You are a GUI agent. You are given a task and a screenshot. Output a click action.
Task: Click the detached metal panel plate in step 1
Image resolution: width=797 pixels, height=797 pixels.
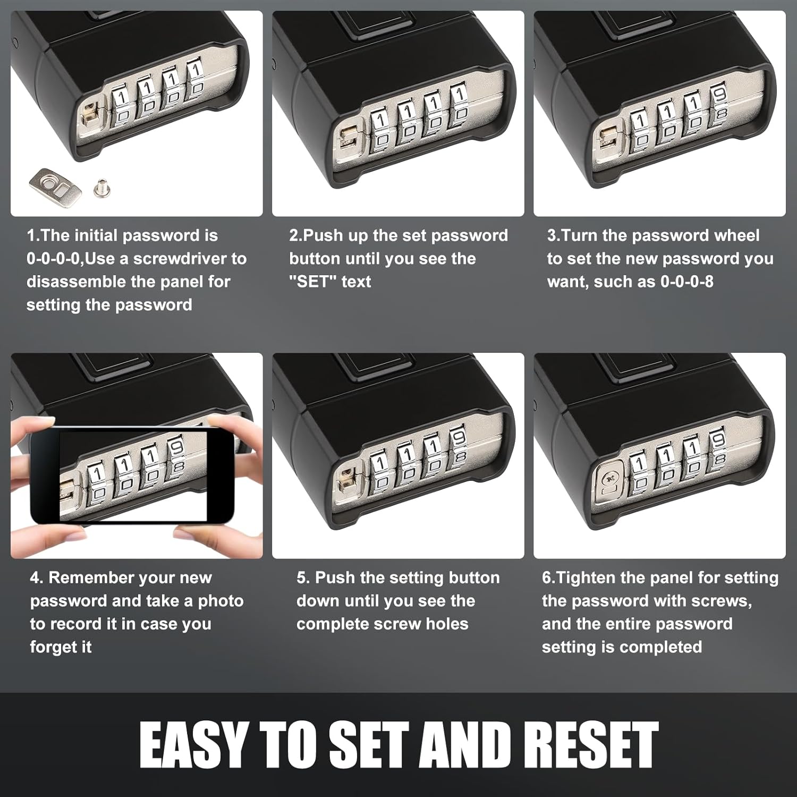(55, 186)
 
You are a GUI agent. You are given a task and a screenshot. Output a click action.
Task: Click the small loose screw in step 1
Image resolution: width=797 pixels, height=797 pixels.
(99, 188)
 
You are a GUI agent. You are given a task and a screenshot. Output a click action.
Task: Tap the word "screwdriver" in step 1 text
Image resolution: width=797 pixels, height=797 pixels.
(180, 259)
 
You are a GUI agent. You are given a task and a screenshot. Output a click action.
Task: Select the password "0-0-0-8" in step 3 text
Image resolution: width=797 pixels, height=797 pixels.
(686, 282)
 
